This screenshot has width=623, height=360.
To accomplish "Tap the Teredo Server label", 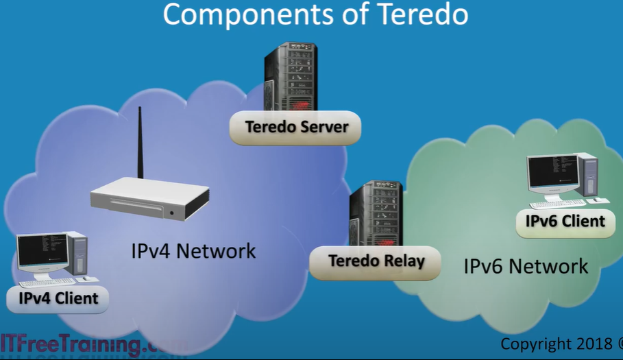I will click(296, 127).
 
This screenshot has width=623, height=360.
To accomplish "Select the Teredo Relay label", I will click(376, 261).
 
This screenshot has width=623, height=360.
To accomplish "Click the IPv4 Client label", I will click(58, 298).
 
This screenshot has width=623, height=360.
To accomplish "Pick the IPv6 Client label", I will click(565, 221).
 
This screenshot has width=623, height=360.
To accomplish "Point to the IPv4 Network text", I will click(193, 251).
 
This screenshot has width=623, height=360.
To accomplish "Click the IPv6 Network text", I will click(526, 266).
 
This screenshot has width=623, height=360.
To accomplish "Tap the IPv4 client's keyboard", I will click(47, 282).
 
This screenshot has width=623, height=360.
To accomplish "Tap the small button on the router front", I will click(172, 213).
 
